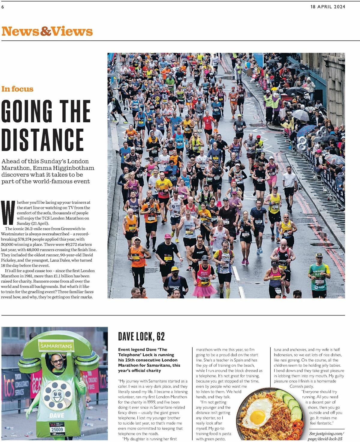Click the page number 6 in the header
[3, 7]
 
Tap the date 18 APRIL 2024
[328, 7]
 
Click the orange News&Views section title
[47, 31]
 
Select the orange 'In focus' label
[17, 89]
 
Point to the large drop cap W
[8, 213]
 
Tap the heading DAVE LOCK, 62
[141, 336]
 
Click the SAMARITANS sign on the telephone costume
[56, 346]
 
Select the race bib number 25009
[57, 429]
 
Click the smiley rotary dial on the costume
[57, 395]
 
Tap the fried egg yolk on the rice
[257, 417]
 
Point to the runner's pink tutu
[204, 290]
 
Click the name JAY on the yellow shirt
[162, 184]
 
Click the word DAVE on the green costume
[57, 415]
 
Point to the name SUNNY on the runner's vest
[174, 287]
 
